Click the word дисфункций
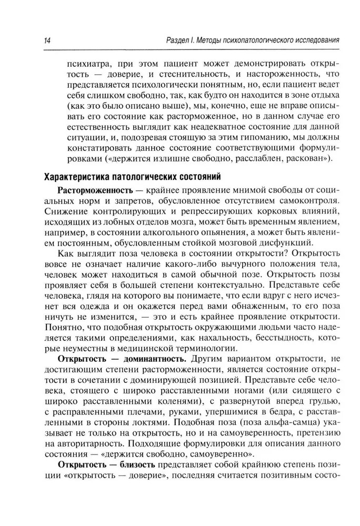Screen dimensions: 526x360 pos(289,244)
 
